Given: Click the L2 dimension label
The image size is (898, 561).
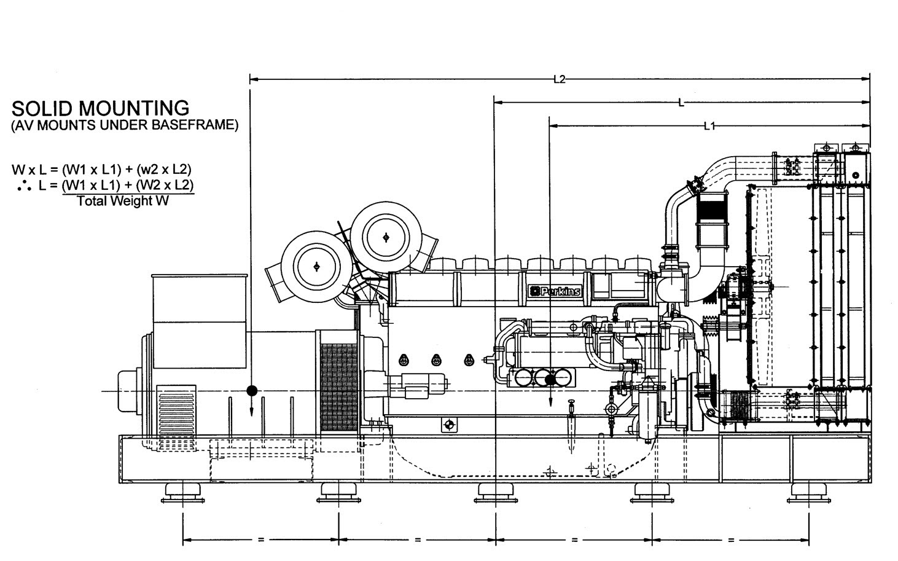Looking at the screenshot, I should (x=559, y=79).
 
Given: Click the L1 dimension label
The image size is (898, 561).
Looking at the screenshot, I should (x=709, y=126).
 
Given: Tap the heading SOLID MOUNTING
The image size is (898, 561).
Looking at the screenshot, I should (x=101, y=108).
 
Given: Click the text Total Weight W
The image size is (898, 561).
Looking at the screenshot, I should (x=123, y=201).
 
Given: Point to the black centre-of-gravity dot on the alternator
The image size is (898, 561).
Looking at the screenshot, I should (x=251, y=390).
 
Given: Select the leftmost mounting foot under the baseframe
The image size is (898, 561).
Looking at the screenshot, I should (x=182, y=492).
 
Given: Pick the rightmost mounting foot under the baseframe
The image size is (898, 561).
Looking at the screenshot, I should (x=808, y=492).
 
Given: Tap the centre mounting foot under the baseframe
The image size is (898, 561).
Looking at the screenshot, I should (x=495, y=492).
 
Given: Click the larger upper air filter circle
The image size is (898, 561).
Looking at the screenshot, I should (x=386, y=237).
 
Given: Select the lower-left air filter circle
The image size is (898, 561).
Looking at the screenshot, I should (x=316, y=266).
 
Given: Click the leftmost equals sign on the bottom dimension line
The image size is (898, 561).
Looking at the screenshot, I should (x=261, y=540).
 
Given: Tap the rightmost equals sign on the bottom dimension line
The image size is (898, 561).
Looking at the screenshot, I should (x=731, y=540).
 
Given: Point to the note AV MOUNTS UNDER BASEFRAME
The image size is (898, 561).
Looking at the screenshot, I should (x=125, y=125).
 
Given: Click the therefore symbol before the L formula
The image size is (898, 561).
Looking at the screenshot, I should (x=25, y=185).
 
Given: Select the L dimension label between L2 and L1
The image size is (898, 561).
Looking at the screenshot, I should (x=681, y=103).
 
